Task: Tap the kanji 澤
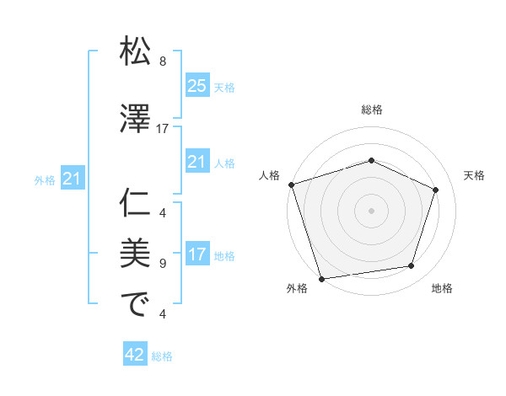coord(136,120)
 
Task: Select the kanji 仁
coord(136,203)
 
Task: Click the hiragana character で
coord(136,304)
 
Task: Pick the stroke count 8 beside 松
coord(163,62)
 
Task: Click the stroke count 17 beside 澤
coord(163,129)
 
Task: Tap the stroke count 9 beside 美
coord(163,264)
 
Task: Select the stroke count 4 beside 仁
coord(163,212)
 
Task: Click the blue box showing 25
coord(196,85)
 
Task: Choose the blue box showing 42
coord(135,356)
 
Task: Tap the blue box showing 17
coord(196,254)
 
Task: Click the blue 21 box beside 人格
coord(196,162)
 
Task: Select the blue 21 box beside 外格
coord(72,178)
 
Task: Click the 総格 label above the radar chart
coord(372,110)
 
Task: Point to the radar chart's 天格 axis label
coord(475,175)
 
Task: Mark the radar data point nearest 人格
coord(291,185)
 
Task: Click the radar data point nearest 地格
coord(412,266)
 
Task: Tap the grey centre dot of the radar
coord(372,210)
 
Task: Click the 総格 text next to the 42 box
coord(162,356)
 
